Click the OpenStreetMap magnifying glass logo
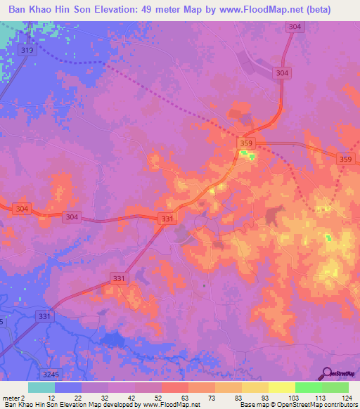tap(326, 372)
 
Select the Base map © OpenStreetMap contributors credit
tap(298, 405)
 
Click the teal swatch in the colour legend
tap(41, 387)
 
